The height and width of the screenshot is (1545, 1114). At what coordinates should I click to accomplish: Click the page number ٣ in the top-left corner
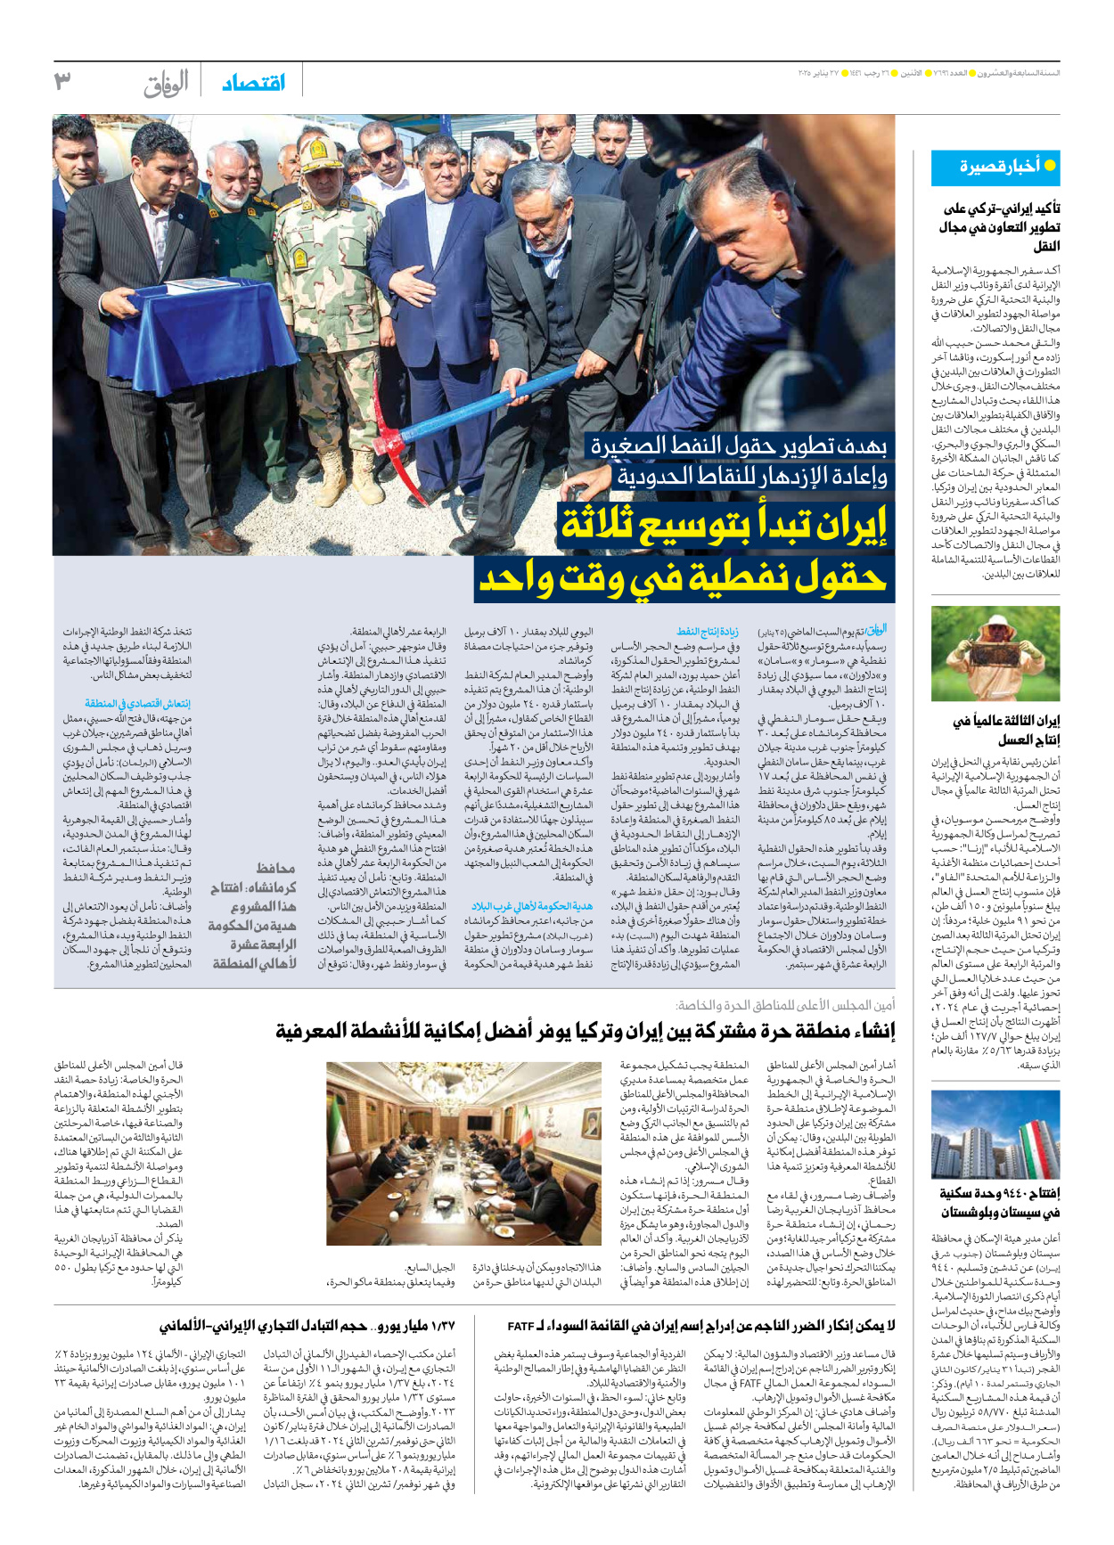pyautogui.click(x=61, y=81)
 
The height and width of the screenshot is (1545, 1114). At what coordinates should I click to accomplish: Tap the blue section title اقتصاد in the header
pyautogui.click(x=254, y=82)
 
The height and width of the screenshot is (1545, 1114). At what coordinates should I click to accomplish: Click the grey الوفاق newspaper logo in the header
pyautogui.click(x=166, y=83)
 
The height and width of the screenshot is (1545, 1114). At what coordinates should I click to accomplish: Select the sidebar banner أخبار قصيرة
pyautogui.click(x=995, y=167)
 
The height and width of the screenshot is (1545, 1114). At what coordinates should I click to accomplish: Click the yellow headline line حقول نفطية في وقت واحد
pyautogui.click(x=684, y=580)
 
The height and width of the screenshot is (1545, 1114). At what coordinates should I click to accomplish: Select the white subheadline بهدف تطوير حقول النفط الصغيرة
pyautogui.click(x=739, y=446)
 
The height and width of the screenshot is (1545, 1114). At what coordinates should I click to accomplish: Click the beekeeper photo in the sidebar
pyautogui.click(x=995, y=653)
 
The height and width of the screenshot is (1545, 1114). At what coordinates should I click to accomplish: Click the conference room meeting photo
pyautogui.click(x=463, y=1152)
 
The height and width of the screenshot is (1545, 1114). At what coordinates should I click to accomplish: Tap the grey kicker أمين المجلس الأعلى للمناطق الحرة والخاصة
pyautogui.click(x=785, y=1005)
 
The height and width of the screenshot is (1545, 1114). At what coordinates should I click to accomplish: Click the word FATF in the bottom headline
pyautogui.click(x=521, y=1326)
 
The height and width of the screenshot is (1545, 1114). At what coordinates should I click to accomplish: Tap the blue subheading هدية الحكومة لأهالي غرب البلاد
pyautogui.click(x=532, y=905)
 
